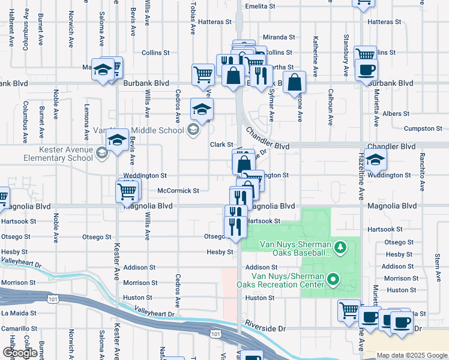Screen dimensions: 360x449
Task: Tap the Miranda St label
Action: pos(280,37)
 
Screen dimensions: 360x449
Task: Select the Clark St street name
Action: pos(221,145)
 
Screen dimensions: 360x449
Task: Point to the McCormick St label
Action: pos(178,191)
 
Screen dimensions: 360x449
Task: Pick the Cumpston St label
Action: pos(423,129)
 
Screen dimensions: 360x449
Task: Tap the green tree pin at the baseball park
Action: pos(340,247)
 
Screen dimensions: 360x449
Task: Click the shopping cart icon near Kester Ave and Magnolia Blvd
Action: pos(127,191)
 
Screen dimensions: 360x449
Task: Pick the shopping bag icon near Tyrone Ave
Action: pos(294,83)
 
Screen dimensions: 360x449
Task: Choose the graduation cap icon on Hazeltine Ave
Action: pos(375,160)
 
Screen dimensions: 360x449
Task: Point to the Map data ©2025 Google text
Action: pos(412,355)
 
